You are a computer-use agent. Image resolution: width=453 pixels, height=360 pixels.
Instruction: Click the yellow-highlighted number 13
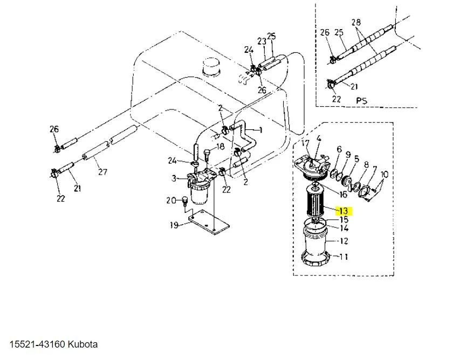(x=344, y=211)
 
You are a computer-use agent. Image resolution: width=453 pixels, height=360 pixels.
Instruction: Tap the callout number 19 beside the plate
(x=174, y=225)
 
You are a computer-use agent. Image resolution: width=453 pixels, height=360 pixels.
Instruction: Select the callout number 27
(x=102, y=172)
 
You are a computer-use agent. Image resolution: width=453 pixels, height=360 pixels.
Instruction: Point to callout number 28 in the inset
(x=356, y=22)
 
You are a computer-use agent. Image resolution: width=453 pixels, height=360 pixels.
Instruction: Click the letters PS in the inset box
(x=361, y=100)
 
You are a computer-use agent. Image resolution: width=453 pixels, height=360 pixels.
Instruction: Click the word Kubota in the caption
(x=83, y=344)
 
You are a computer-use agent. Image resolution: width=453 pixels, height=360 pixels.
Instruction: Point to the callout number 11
(x=343, y=257)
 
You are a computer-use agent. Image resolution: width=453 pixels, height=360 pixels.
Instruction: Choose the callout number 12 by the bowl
(x=343, y=240)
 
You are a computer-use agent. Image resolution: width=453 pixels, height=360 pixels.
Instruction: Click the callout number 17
(x=305, y=143)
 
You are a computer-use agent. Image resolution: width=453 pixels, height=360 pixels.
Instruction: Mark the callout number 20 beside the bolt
(x=171, y=200)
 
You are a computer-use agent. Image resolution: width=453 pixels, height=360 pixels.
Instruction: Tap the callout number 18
(x=220, y=147)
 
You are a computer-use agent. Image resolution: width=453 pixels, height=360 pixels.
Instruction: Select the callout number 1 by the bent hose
(x=260, y=130)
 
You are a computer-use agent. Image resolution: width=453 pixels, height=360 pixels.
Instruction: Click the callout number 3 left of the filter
(x=174, y=178)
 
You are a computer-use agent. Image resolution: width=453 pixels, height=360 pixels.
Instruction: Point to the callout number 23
(x=262, y=41)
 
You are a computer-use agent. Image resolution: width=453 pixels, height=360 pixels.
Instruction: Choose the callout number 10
(x=384, y=174)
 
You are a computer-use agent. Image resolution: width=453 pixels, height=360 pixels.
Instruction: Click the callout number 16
(x=343, y=193)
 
